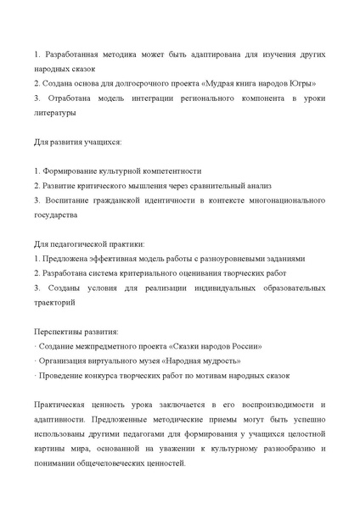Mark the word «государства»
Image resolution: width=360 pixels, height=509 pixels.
point(59,215)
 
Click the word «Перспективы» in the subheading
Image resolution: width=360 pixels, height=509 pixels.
point(60,332)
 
